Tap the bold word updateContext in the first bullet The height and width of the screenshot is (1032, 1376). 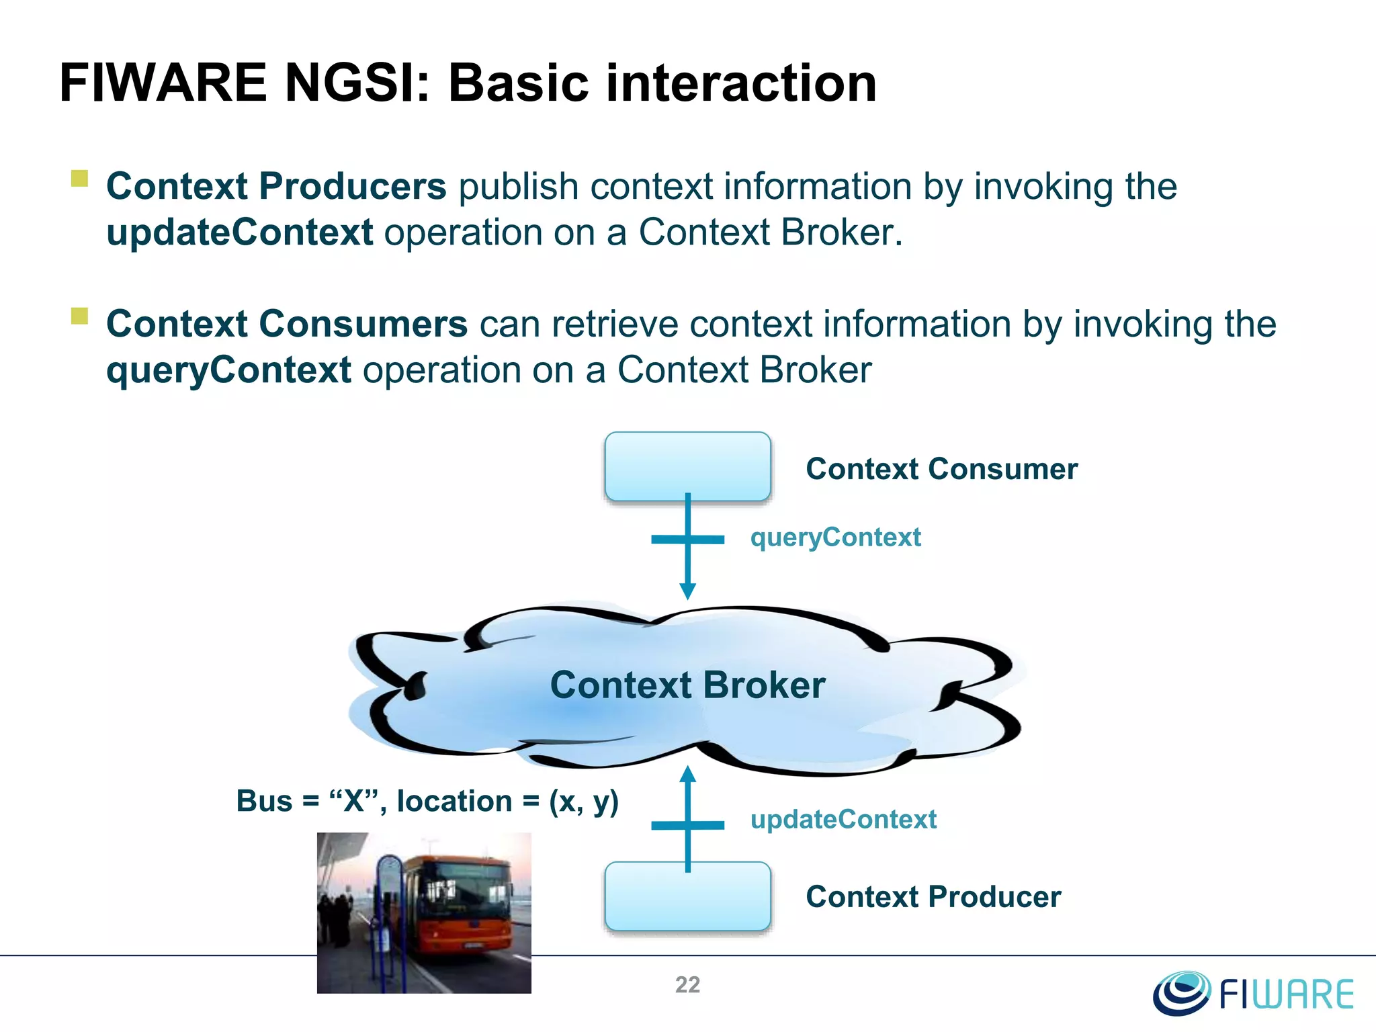pyautogui.click(x=239, y=232)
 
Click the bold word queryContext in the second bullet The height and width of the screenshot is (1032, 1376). pyautogui.click(x=228, y=370)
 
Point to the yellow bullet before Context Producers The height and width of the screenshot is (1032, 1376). pyautogui.click(x=80, y=178)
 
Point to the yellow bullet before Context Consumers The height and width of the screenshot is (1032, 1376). pyautogui.click(x=80, y=316)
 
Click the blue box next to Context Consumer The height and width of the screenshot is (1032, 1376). pyautogui.click(x=687, y=466)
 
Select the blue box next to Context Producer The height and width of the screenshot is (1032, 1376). pyautogui.click(x=687, y=896)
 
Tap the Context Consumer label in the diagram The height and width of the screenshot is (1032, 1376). pyautogui.click(x=941, y=469)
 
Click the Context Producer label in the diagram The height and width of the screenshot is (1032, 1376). pyautogui.click(x=933, y=897)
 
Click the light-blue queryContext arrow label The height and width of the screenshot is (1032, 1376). pyautogui.click(x=835, y=537)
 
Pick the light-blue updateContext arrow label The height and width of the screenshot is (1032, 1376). pyautogui.click(x=843, y=820)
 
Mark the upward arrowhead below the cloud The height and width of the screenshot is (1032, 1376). pyautogui.click(x=687, y=775)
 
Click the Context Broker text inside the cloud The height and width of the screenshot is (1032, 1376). pyautogui.click(x=687, y=685)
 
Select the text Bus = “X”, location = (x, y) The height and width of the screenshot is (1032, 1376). pyautogui.click(x=427, y=801)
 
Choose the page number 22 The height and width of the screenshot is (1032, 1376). pyautogui.click(x=687, y=985)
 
